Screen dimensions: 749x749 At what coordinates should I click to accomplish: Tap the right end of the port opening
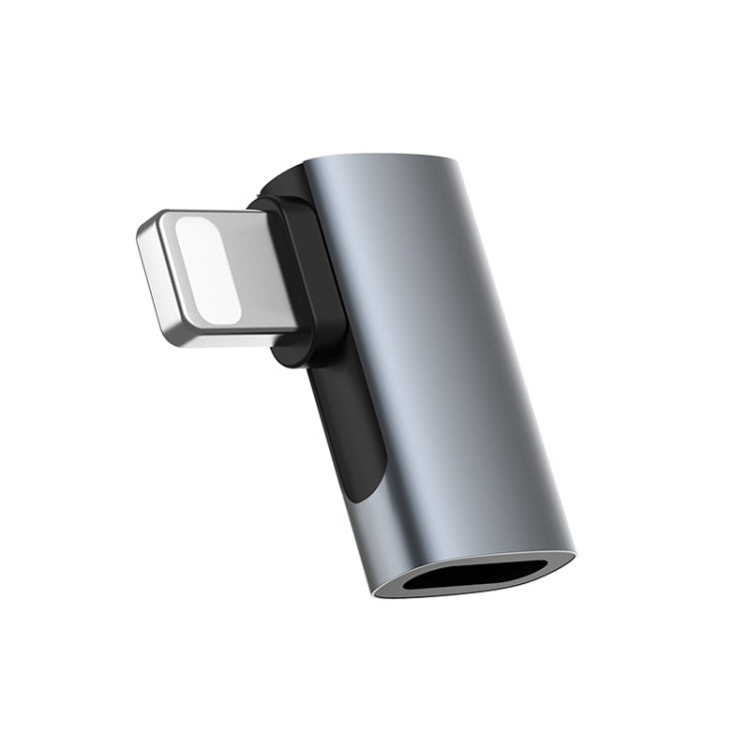click(x=548, y=567)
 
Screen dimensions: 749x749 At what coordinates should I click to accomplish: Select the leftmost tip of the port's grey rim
click(x=374, y=589)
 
